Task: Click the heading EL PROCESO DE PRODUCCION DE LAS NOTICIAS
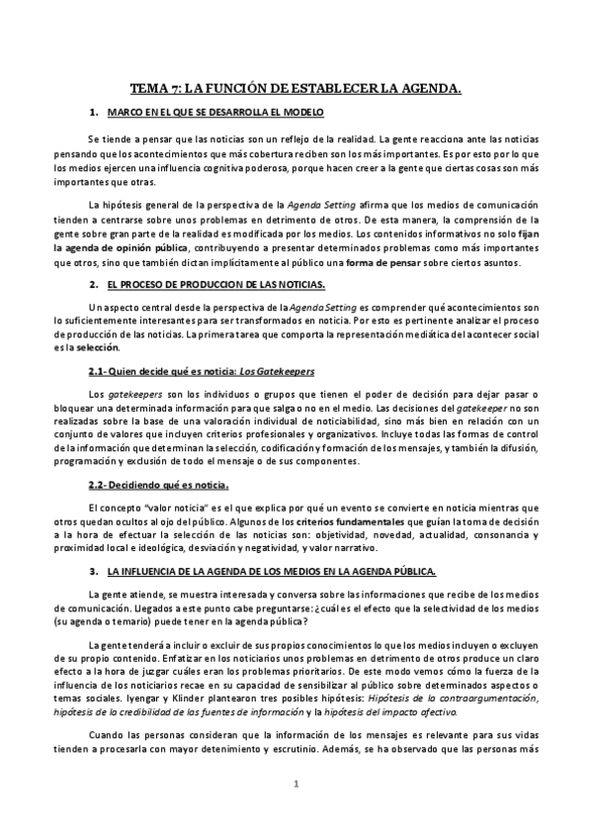pyautogui.click(x=216, y=284)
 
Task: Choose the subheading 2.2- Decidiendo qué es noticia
pyautogui.click(x=158, y=484)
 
